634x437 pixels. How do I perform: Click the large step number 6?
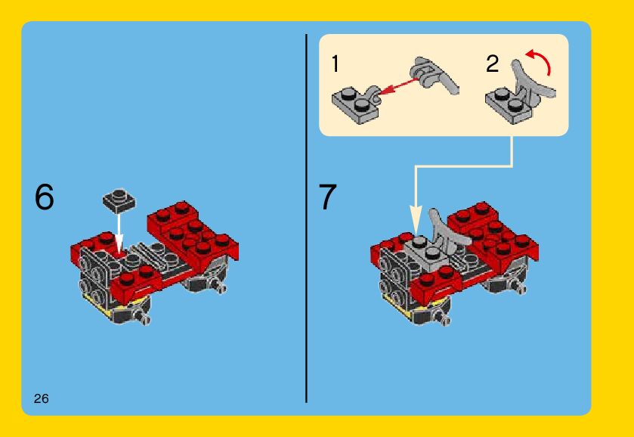45,197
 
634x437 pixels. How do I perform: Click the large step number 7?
327,197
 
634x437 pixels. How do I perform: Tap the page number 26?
42,399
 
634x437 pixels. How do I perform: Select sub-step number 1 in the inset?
336,64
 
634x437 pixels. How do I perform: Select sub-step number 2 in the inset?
493,64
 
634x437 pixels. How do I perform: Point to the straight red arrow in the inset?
398,87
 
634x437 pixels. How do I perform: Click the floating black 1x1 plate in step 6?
119,200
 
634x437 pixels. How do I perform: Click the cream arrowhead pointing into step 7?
416,219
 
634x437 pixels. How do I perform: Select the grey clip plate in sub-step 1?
357,104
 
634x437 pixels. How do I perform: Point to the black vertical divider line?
307,218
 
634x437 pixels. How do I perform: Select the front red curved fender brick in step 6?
136,284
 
